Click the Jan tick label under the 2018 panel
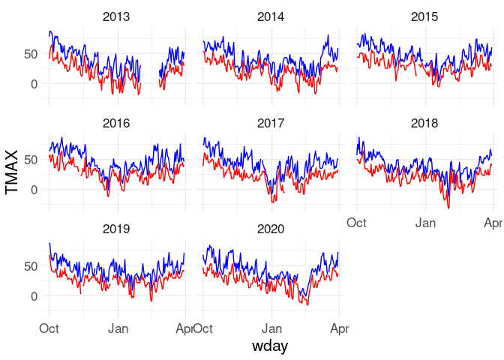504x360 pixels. point(427,223)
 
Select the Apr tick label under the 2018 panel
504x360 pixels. point(492,223)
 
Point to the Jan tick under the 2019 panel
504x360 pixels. point(118,328)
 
